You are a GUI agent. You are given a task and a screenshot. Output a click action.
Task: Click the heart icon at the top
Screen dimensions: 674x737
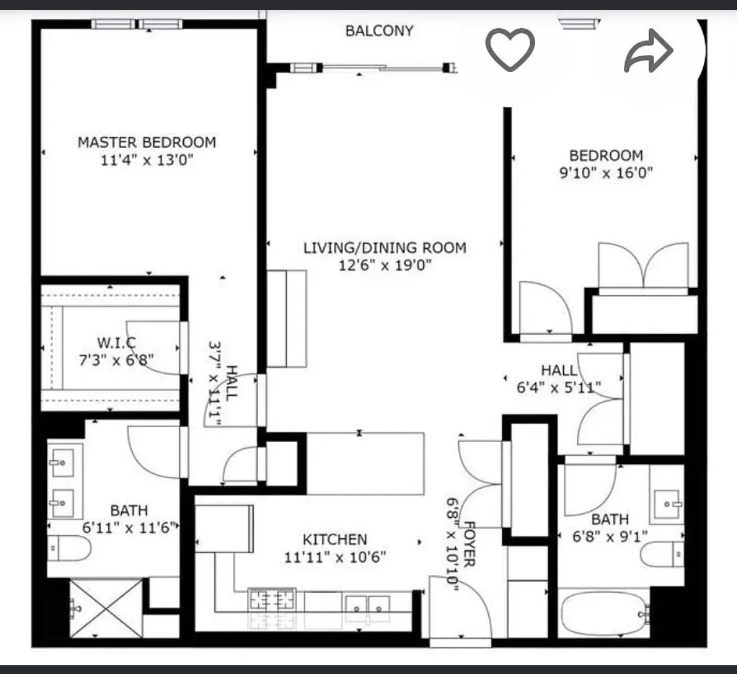[x=510, y=49]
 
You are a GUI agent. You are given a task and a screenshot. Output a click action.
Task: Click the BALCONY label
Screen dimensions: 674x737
[x=379, y=31]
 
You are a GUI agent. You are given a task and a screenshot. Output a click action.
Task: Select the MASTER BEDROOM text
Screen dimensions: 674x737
[x=147, y=143]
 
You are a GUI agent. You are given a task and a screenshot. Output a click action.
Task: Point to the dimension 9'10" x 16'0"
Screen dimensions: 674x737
[x=606, y=173]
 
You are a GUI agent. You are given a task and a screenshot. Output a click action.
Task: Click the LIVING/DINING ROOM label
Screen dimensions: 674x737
[x=384, y=248]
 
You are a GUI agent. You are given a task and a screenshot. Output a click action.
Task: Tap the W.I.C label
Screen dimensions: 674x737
[x=116, y=343]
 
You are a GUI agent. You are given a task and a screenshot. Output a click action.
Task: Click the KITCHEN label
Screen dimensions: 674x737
[x=335, y=539]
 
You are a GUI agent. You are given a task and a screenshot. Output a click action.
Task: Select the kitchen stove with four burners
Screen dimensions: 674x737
[x=273, y=601]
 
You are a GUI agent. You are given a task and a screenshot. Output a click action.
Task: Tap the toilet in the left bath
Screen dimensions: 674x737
[x=69, y=548]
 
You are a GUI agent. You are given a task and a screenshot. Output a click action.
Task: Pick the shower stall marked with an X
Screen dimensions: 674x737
[x=106, y=608]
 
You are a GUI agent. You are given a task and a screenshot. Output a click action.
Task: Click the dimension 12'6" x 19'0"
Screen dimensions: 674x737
[x=384, y=265]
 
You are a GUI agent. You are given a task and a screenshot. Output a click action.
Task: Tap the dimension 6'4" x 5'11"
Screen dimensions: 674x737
[x=558, y=388]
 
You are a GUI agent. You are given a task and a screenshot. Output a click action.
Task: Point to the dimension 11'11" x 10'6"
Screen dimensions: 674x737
[x=335, y=556]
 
